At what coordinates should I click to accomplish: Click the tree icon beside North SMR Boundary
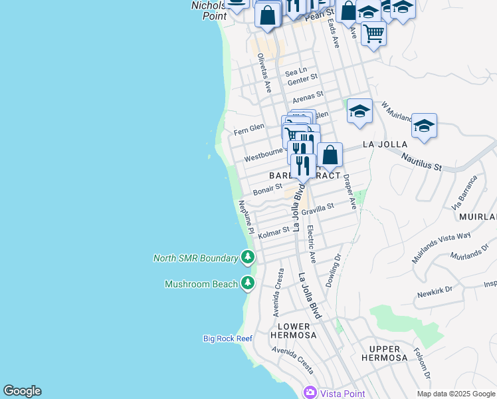pos(247,257)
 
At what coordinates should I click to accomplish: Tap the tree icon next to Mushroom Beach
pos(247,283)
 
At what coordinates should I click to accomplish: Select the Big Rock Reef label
pos(227,338)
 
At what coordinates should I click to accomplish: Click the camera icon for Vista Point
pos(310,392)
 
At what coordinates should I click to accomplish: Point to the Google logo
pos(22,391)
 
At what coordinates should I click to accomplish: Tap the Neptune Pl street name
pos(245,217)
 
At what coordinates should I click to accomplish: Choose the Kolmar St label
pos(274,232)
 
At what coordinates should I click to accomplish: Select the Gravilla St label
pos(318,209)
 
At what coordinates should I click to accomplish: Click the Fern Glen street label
pos(249,127)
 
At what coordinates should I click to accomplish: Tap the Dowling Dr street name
pos(333,271)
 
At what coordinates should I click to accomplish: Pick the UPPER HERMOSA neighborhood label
pos(384,353)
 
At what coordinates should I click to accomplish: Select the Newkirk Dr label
pos(435,291)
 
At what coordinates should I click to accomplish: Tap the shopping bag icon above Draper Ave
pos(330,156)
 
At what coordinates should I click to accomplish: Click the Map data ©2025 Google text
pos(456,394)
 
